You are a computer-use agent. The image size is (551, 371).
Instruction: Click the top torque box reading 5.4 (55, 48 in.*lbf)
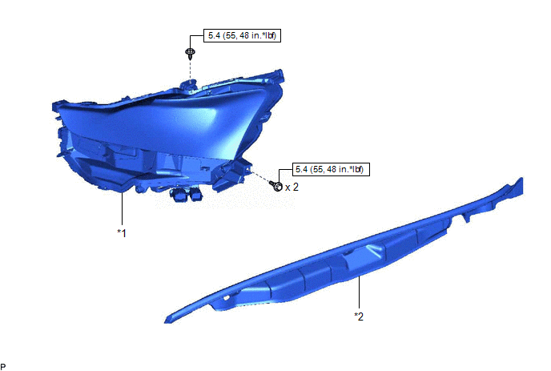(x=242, y=35)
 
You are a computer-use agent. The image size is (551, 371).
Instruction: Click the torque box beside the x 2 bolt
(x=331, y=169)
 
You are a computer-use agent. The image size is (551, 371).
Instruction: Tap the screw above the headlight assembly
(x=190, y=53)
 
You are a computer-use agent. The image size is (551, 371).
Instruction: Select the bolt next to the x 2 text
(x=276, y=186)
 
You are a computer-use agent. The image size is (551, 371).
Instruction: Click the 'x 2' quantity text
(x=292, y=187)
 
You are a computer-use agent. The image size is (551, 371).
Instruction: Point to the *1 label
(x=122, y=233)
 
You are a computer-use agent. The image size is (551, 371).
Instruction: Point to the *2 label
(x=359, y=317)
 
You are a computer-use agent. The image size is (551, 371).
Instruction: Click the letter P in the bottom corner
(x=3, y=367)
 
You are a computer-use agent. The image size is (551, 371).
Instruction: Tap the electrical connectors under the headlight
(x=187, y=196)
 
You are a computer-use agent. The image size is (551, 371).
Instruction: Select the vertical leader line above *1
(x=123, y=208)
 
